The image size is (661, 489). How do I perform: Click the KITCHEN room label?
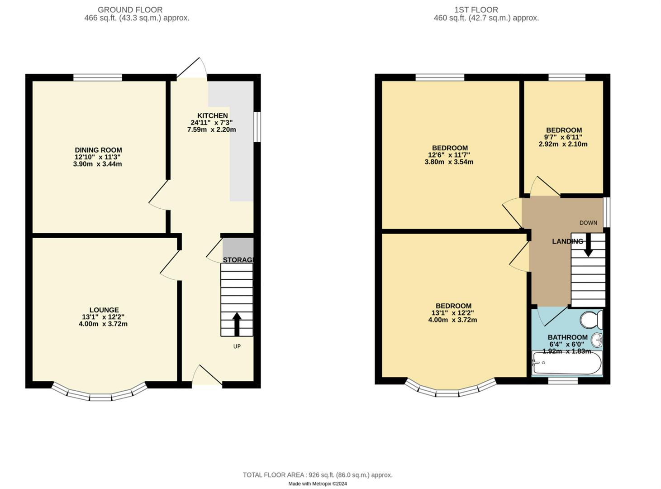tap(212, 115)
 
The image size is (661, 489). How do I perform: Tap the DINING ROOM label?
tap(98, 150)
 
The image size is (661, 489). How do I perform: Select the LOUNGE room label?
tap(104, 310)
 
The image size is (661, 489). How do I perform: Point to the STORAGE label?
tap(238, 260)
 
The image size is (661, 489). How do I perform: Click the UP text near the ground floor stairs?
tap(237, 346)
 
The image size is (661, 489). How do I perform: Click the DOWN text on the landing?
tap(588, 223)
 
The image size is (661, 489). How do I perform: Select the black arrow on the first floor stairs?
tap(588, 246)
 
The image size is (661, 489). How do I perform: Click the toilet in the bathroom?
tap(591, 320)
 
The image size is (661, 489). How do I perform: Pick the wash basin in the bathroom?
tap(597, 339)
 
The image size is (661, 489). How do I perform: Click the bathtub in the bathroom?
tap(567, 363)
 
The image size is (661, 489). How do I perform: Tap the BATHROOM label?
tap(567, 337)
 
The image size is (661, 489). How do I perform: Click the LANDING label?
tap(567, 241)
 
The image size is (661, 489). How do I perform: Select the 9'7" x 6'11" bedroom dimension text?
tap(563, 137)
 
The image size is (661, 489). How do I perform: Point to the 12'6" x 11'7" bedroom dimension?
tap(449, 155)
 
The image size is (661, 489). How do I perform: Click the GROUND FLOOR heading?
tap(130, 10)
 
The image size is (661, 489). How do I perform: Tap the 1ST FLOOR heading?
tap(476, 10)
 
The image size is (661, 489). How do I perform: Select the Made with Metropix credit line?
tap(318, 484)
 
